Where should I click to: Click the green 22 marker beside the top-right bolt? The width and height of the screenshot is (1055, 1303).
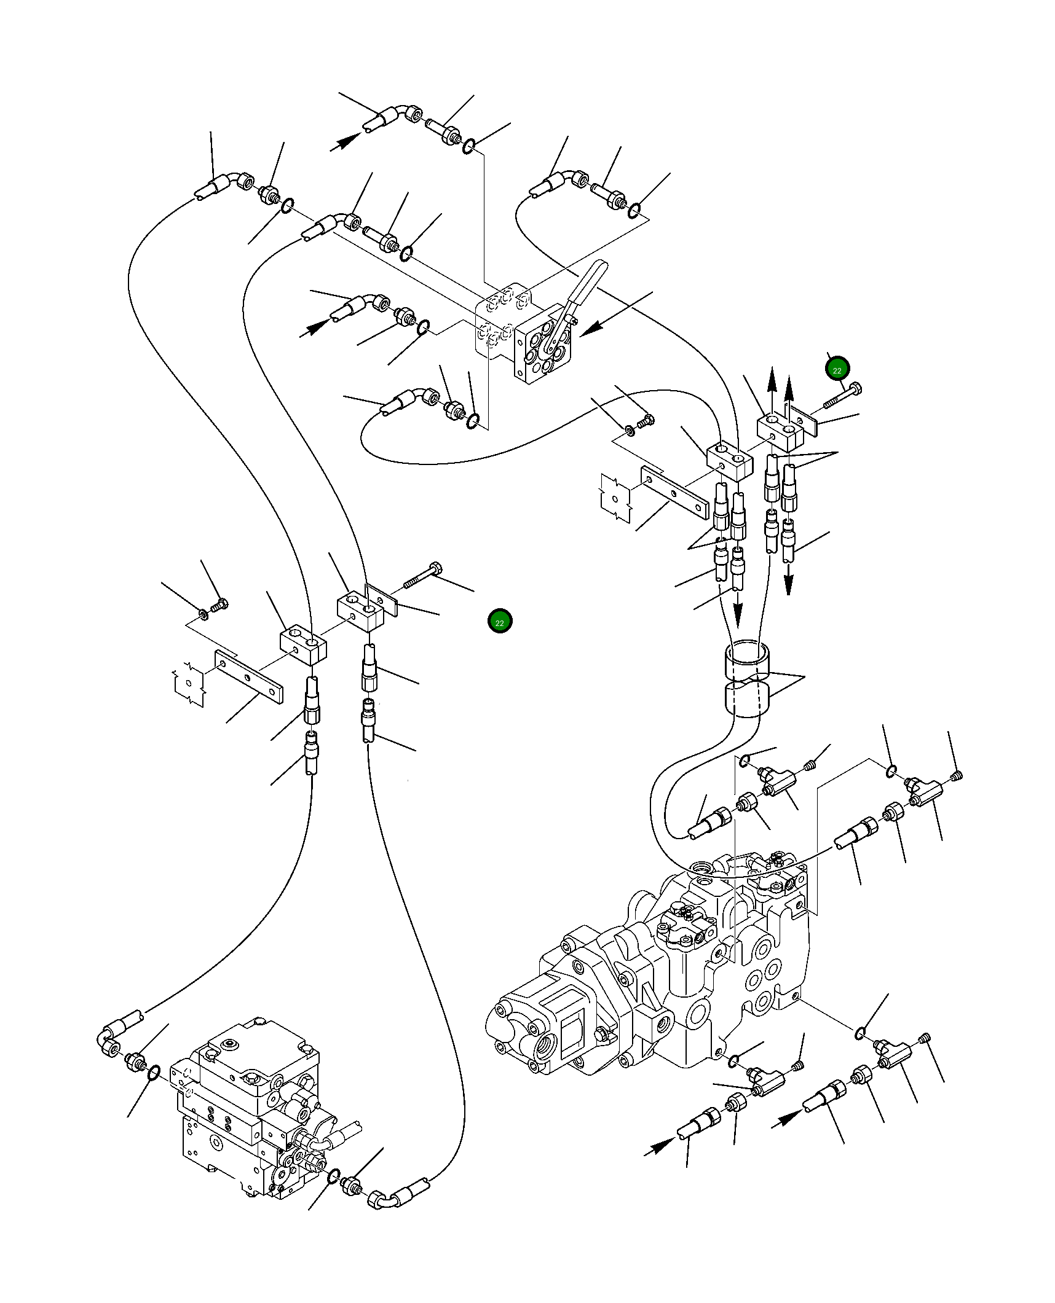[837, 369]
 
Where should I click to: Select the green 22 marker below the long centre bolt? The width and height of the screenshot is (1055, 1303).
[499, 622]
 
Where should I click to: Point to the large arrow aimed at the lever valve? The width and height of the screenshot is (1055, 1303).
[616, 314]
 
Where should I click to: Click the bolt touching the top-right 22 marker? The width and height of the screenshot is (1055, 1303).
[842, 394]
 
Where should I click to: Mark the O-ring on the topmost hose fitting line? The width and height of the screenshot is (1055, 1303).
[468, 147]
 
